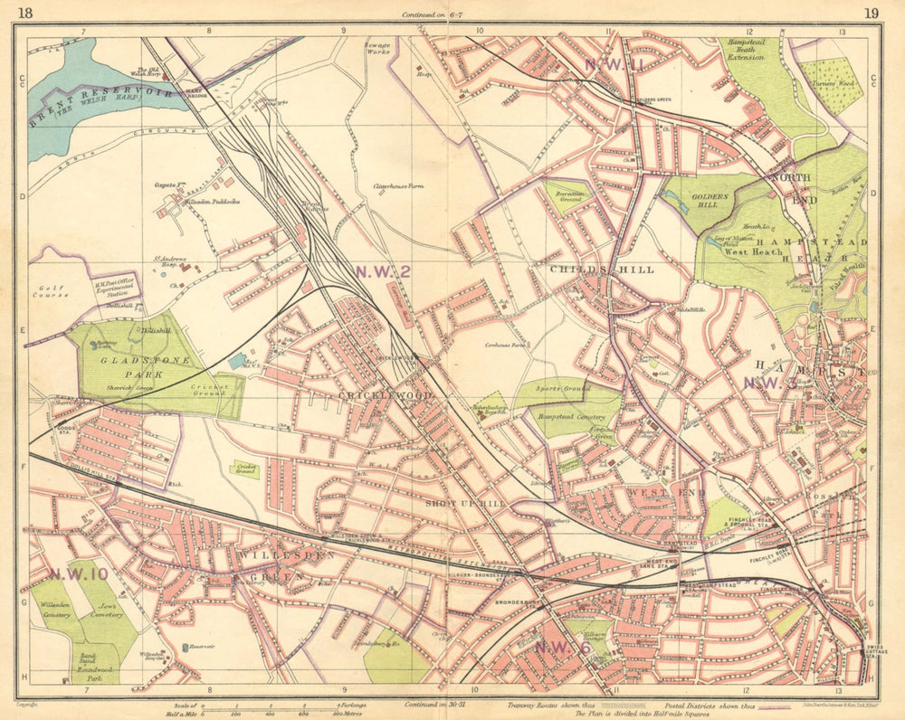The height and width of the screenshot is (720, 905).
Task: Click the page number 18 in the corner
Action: [x=25, y=12]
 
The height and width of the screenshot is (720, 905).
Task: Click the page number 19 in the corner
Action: [x=871, y=12]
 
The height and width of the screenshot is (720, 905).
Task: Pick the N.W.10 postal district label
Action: [x=79, y=573]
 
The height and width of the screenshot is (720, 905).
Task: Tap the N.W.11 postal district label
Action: [x=614, y=64]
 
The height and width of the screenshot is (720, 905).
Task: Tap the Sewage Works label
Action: [x=377, y=48]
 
